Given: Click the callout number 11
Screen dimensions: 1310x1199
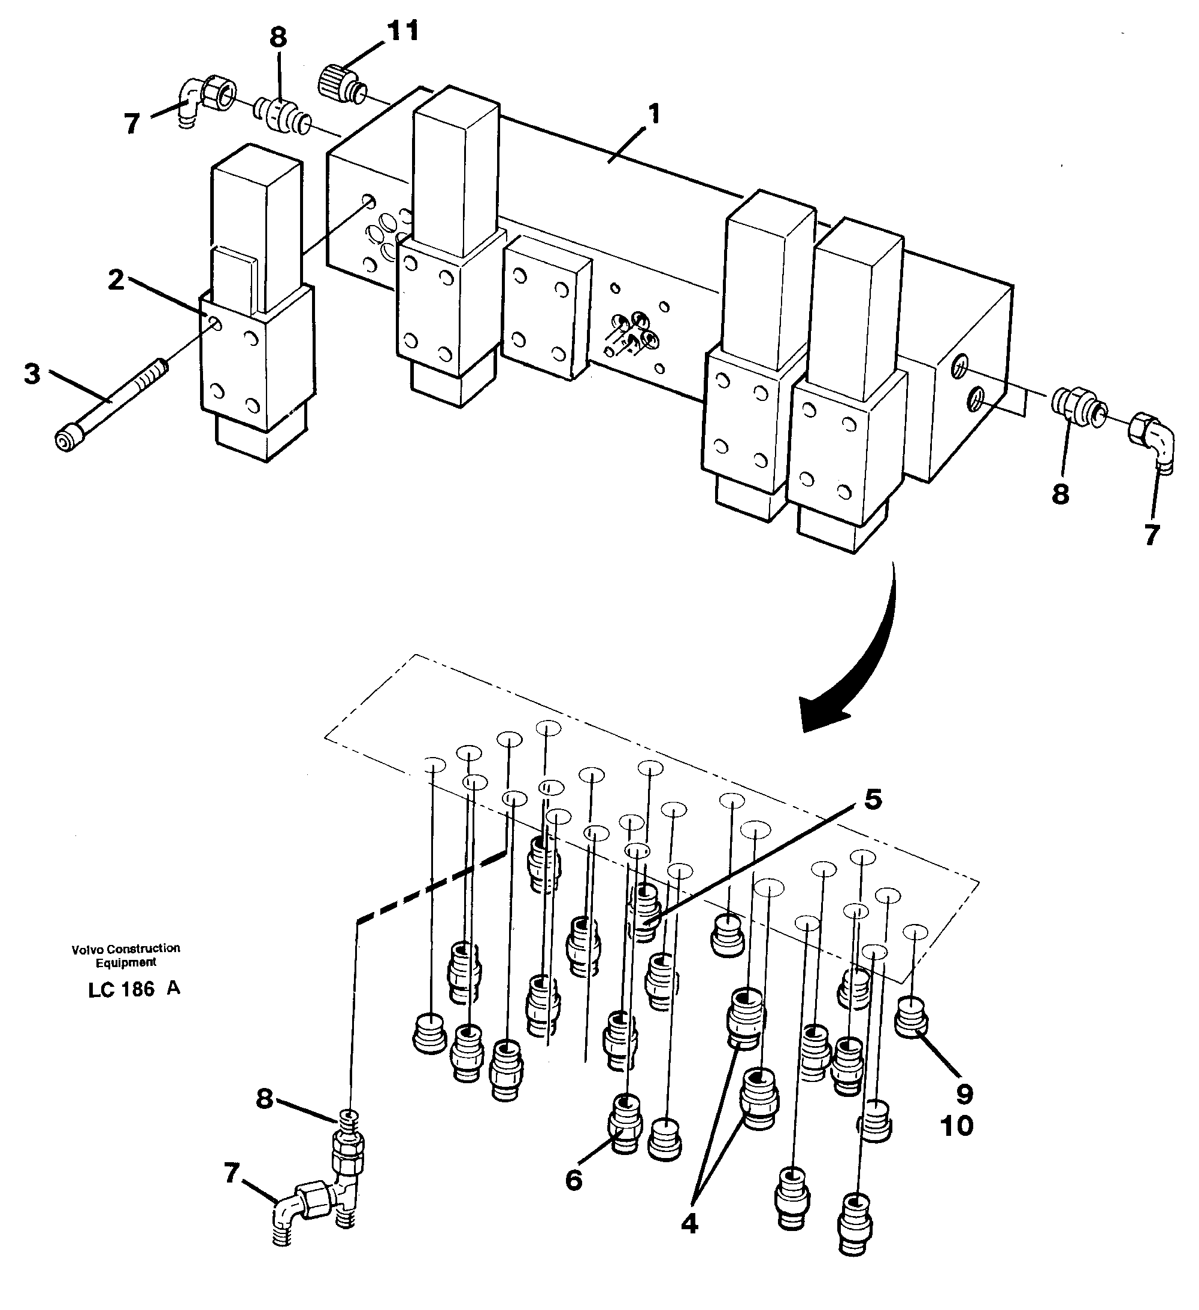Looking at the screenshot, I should point(402,31).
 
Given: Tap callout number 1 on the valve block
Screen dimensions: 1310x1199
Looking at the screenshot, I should point(654,114).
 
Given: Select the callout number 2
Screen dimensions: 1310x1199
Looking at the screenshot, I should point(116,281).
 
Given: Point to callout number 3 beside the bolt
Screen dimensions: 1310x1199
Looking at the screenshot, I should point(32,374).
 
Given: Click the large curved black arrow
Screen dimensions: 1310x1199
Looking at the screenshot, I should point(865,663).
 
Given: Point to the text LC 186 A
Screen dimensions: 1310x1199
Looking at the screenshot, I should point(134,989).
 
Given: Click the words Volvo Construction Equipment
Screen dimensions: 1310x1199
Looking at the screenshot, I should point(126,955).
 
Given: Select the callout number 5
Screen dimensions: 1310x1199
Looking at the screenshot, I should point(873,800).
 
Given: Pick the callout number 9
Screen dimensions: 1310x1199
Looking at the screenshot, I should point(964,1095).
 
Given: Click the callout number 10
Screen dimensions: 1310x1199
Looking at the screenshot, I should point(956,1126).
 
